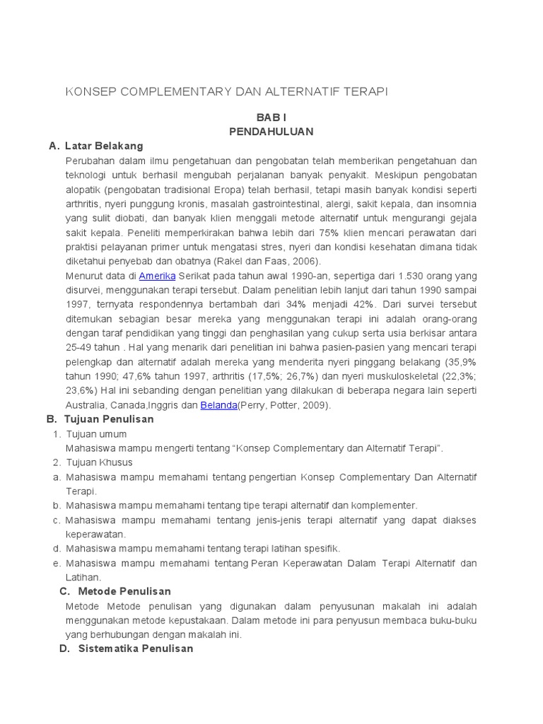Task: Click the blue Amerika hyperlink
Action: point(158,276)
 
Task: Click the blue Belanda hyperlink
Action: point(218,404)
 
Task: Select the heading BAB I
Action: point(271,117)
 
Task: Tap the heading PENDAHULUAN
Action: point(271,132)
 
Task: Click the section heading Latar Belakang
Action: point(104,146)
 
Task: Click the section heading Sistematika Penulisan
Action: point(136,648)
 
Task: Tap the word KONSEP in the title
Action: point(89,92)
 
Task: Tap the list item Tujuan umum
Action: point(96,433)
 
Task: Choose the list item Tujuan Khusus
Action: point(99,462)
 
